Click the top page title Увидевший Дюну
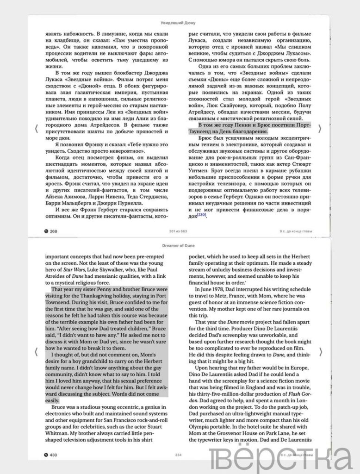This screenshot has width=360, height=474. [180, 21]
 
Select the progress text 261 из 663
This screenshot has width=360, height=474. [180, 231]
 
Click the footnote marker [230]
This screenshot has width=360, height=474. [201, 215]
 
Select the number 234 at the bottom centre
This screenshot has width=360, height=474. [180, 455]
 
